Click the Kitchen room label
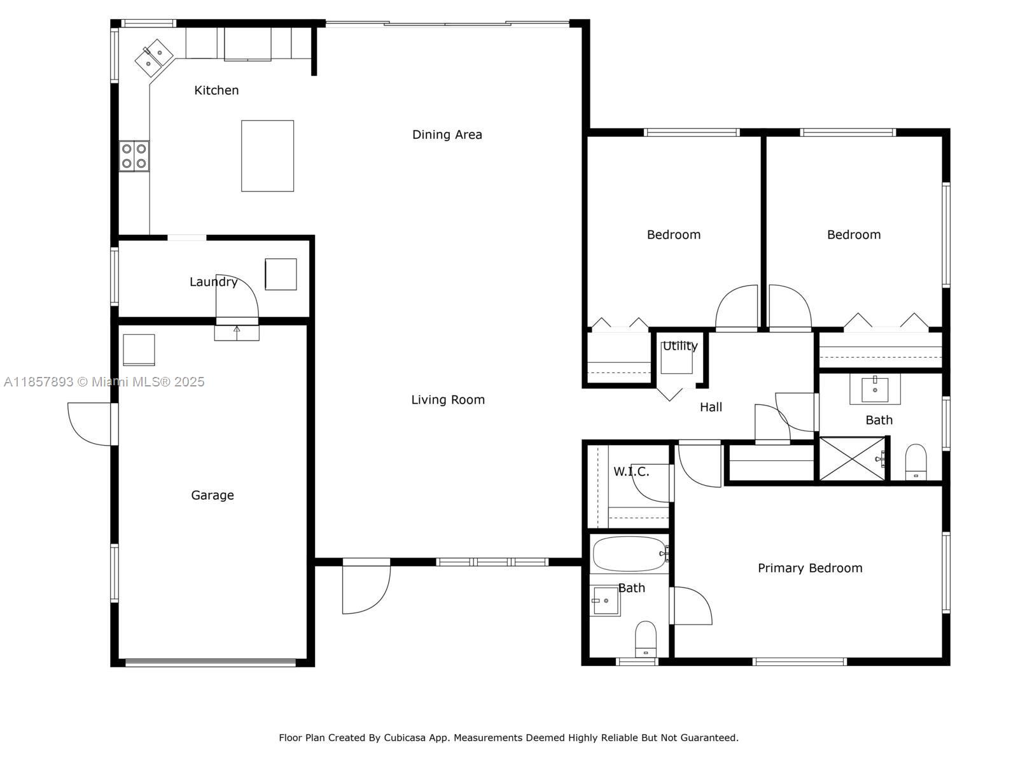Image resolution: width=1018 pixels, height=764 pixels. coord(216,90)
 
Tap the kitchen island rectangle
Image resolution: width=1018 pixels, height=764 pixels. coord(267,156)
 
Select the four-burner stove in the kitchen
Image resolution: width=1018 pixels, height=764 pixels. coord(134,156)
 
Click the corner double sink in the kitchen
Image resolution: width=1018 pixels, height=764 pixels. coord(154,58)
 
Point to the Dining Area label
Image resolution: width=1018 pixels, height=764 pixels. coord(447,134)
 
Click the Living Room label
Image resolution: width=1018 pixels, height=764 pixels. coord(448,399)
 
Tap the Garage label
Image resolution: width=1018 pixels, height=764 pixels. coord(213,495)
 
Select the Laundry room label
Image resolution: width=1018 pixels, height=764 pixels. coord(213,281)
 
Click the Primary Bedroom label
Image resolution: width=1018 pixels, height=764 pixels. coord(810,569)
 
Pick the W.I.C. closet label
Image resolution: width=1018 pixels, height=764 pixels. coord(631,472)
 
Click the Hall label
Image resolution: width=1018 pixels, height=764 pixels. coord(711,407)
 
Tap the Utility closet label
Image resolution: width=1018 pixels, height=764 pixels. coord(680,346)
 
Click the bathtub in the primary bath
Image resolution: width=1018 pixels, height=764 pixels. coord(631,554)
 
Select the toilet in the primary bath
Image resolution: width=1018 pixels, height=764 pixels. coord(646,639)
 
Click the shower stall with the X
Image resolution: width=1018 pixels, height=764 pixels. coord(853,459)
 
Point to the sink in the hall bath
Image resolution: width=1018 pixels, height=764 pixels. coord(875,390)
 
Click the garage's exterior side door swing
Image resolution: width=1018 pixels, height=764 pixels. coord(90,424)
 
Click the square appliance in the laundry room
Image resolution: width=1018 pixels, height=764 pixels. coord(281,274)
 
